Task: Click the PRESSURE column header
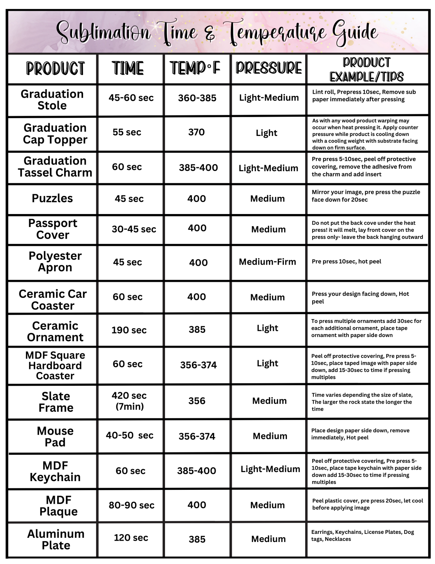tap(268, 68)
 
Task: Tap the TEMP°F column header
tap(195, 68)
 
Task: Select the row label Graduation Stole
tap(52, 100)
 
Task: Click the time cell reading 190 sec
tap(129, 330)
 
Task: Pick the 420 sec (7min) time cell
tap(129, 401)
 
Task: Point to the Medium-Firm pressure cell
tap(267, 262)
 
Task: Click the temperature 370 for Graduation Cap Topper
tap(196, 132)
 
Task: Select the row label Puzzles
tap(52, 198)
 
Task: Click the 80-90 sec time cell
tap(131, 505)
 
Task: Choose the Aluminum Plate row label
tap(56, 539)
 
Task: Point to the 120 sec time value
tap(131, 537)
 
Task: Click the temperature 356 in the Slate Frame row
tap(197, 401)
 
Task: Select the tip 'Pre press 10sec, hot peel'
tap(346, 261)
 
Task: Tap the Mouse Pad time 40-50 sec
tap(129, 435)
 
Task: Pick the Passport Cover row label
tap(53, 229)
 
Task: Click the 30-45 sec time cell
tap(134, 229)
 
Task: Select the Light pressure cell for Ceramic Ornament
tap(267, 328)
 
